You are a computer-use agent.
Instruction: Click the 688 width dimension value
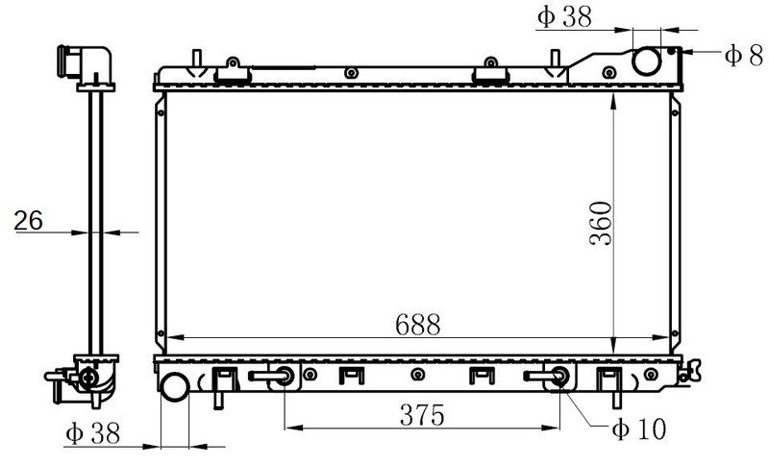(x=418, y=325)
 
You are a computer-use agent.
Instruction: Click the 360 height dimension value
(x=601, y=224)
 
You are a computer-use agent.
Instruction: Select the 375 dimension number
(x=422, y=415)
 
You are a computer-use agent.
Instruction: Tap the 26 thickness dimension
(x=29, y=221)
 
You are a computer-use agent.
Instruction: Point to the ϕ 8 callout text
(x=744, y=55)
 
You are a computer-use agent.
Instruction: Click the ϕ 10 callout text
(x=639, y=429)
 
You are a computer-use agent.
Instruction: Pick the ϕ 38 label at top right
(x=564, y=17)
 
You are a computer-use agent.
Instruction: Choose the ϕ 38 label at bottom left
(x=92, y=433)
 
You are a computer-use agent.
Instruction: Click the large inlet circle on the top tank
(x=646, y=61)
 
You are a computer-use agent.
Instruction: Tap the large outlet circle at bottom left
(x=175, y=386)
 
